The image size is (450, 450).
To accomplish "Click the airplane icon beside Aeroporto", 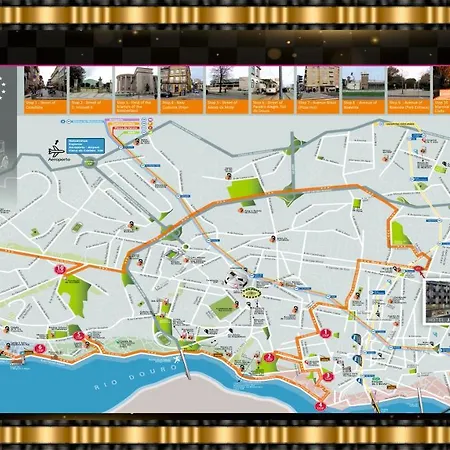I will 57,152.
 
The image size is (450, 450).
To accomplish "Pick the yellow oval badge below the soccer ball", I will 247,294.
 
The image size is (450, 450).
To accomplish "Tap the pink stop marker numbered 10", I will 60,269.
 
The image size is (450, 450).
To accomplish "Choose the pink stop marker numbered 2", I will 267,357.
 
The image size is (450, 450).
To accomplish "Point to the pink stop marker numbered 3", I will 327,376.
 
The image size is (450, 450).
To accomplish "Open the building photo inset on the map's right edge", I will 437,300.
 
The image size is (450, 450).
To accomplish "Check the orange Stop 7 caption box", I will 317,103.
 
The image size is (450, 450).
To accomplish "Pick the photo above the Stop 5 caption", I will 227,80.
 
